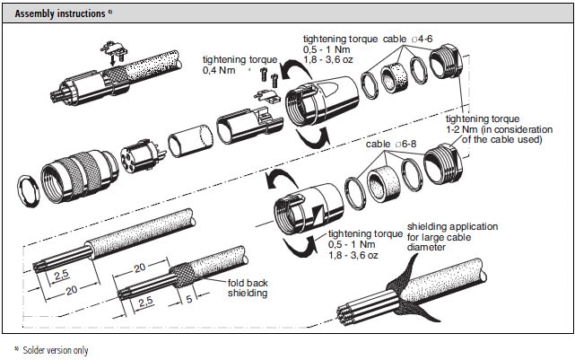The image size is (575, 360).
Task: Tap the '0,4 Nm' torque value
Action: [x=222, y=69]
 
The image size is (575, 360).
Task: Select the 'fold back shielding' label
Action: [x=247, y=287]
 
